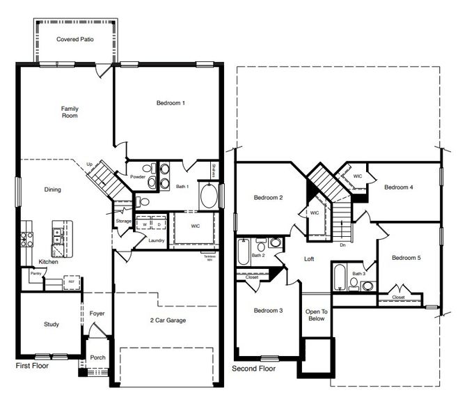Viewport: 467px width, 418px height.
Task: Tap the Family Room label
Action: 70,112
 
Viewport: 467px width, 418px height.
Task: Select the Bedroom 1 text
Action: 171,103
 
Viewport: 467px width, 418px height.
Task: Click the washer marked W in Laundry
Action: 145,224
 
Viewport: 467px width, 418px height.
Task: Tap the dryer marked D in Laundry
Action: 158,224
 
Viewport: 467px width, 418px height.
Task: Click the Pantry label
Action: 34,274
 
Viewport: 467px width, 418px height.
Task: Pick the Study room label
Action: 52,324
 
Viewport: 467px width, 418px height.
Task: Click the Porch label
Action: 97,357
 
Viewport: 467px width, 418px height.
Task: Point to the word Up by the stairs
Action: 89,164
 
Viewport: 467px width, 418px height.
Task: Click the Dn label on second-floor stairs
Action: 342,245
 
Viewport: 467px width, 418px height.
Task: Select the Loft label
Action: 310,258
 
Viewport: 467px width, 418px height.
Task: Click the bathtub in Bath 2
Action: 243,251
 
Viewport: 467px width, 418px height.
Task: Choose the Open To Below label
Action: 315,314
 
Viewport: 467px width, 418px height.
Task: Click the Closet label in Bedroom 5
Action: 398,297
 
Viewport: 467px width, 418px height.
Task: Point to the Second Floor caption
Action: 254,369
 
